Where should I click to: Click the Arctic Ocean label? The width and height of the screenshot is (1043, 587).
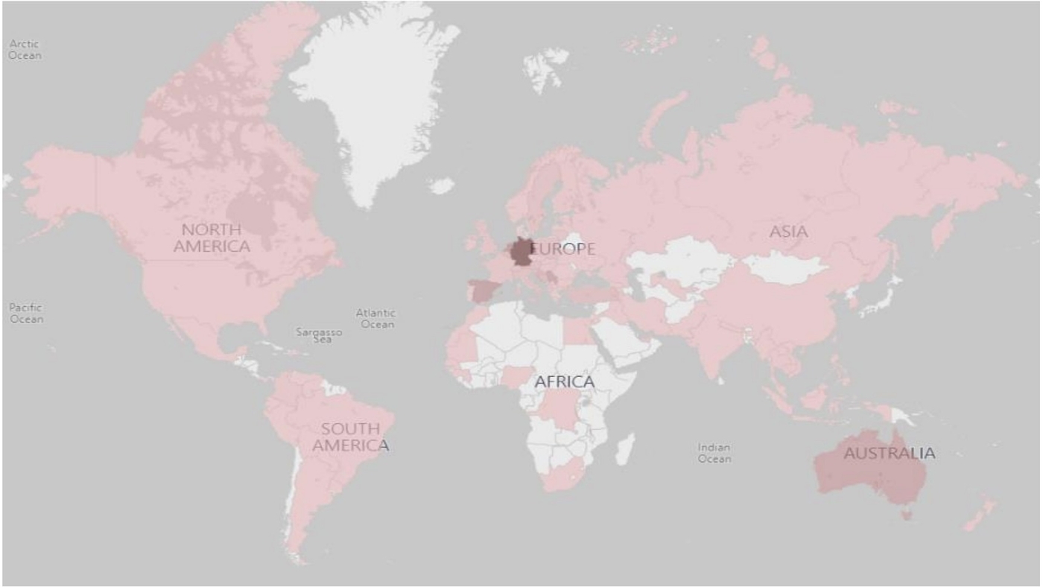pos(25,50)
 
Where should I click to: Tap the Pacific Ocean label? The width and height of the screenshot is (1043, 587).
pos(26,313)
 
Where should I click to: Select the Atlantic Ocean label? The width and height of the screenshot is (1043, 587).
pos(376,318)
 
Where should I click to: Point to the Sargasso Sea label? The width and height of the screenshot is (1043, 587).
pos(320,335)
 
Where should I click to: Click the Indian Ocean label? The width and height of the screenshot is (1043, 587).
pos(714,453)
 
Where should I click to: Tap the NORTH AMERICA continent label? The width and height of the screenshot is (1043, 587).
pos(212,238)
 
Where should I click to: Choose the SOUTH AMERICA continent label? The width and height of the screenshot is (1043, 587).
pos(350,437)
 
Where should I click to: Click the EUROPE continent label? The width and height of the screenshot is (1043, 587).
pos(564,250)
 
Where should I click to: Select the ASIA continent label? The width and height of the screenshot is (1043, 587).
pos(788,232)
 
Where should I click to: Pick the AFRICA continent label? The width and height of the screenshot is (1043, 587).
pos(565,382)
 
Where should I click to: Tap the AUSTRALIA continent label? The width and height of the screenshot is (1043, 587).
pos(889,453)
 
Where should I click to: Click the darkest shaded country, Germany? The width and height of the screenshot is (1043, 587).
pos(521,252)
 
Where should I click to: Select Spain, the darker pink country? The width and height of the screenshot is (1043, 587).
pos(481,291)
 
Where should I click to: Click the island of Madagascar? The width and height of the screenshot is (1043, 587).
pos(625,449)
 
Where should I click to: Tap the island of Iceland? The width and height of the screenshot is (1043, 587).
pos(442,185)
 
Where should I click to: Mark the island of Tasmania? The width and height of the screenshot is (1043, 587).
pos(906,513)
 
